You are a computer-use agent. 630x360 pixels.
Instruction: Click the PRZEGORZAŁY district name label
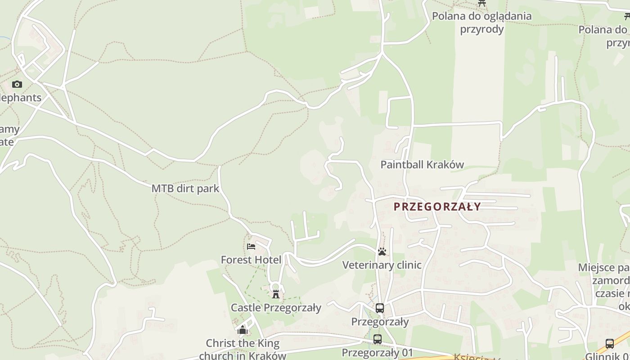click(x=437, y=207)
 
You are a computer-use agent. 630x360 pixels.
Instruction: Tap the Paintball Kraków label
click(x=422, y=165)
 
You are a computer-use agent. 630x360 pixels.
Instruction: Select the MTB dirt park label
click(x=185, y=188)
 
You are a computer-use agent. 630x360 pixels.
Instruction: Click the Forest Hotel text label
click(x=251, y=260)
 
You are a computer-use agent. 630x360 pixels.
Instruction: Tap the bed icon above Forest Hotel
click(x=251, y=247)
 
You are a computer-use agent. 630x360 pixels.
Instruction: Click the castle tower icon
click(x=276, y=294)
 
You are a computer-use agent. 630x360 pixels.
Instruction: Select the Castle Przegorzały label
click(x=276, y=308)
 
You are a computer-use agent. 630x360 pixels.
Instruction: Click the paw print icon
click(x=382, y=252)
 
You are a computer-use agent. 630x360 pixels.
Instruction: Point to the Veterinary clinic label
click(x=382, y=265)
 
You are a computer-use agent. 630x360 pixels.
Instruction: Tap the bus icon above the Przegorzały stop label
click(x=380, y=308)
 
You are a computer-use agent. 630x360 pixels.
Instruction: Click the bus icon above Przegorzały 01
click(x=377, y=339)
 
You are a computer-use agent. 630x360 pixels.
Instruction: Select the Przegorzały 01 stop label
click(x=377, y=352)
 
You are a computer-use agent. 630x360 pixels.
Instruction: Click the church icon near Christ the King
click(x=243, y=330)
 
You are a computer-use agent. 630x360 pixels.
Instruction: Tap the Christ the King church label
click(x=243, y=349)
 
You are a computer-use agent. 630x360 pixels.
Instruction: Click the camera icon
click(x=17, y=84)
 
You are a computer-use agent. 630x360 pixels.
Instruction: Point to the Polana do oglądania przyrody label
click(x=481, y=22)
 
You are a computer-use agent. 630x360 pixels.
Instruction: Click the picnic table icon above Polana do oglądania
click(x=482, y=3)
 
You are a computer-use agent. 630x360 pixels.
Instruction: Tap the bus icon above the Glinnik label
click(x=610, y=344)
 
